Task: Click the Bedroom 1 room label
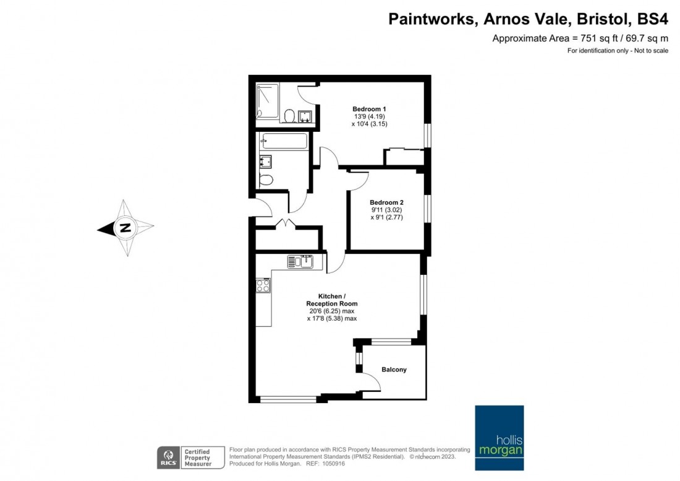[369, 109]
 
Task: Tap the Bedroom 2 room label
[386, 202]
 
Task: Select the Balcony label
[394, 370]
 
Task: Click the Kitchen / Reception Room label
[332, 300]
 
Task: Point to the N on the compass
[125, 227]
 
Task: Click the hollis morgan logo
[499, 438]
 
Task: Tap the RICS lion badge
[168, 457]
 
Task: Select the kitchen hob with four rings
[263, 285]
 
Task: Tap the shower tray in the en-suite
[268, 102]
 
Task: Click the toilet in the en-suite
[290, 116]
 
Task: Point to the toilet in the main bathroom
[266, 180]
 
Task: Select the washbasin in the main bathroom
[265, 162]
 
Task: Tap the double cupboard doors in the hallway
[286, 223]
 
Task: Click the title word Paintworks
[431, 19]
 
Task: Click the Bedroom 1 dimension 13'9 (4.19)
[370, 116]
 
